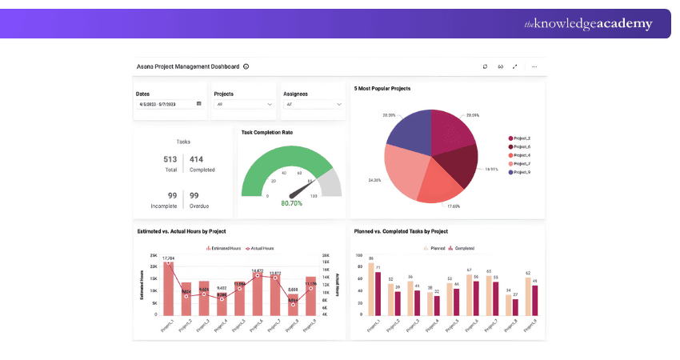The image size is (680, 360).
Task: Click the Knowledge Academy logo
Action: tap(587, 24)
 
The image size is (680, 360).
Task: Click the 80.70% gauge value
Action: tap(291, 203)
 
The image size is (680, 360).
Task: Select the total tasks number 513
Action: tap(170, 159)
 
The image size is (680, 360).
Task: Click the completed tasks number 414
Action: tap(197, 159)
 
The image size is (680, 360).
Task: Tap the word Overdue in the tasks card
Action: tap(200, 206)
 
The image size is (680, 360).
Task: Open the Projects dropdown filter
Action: tap(243, 104)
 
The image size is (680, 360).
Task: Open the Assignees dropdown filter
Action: tap(313, 104)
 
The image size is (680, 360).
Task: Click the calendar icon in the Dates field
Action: tap(198, 104)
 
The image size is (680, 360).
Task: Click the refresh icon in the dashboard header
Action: tap(485, 66)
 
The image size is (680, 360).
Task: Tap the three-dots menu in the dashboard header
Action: tap(534, 66)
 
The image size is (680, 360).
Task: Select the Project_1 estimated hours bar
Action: tap(168, 289)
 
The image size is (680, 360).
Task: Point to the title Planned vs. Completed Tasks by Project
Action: tap(401, 231)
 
